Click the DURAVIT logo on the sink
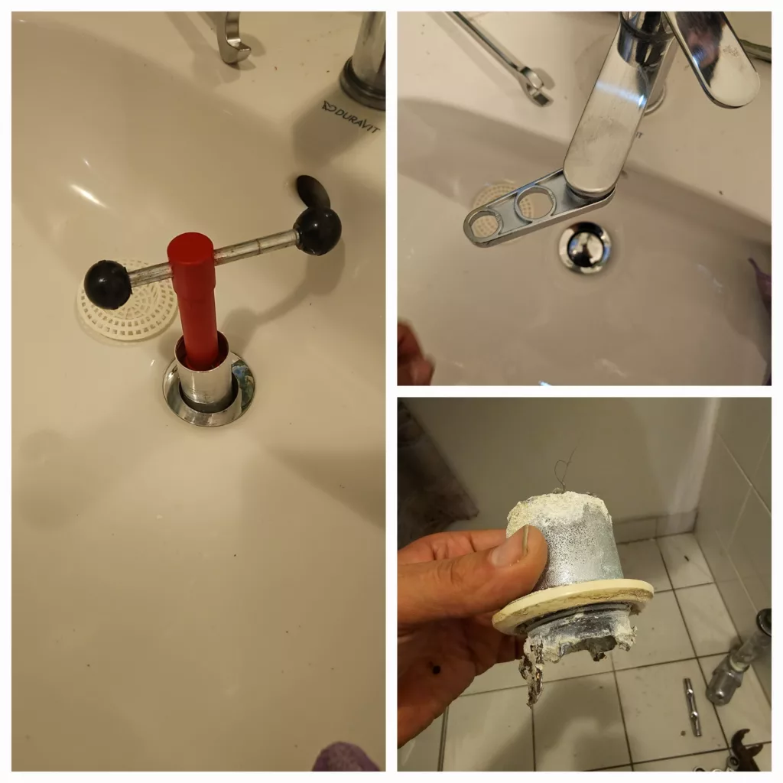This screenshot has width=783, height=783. tap(351, 117)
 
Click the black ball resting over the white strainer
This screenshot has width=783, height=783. tap(108, 284)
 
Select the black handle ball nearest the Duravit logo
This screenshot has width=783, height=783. tap(317, 230)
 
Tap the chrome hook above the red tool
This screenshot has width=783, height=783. tap(232, 38)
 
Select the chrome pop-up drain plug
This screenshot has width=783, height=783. tap(585, 246)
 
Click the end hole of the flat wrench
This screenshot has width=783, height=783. tap(483, 224)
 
